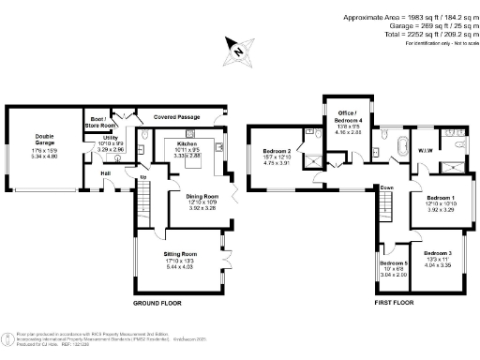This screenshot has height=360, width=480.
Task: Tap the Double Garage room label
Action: click(x=45, y=140)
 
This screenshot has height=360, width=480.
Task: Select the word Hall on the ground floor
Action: click(x=106, y=173)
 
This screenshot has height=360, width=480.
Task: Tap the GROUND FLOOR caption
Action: click(x=157, y=305)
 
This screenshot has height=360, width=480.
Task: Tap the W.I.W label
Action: click(x=424, y=151)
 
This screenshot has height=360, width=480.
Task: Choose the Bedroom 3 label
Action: click(x=436, y=254)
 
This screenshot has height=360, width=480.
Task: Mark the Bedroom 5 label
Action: click(x=394, y=263)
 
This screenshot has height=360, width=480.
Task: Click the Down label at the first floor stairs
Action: click(x=386, y=187)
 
